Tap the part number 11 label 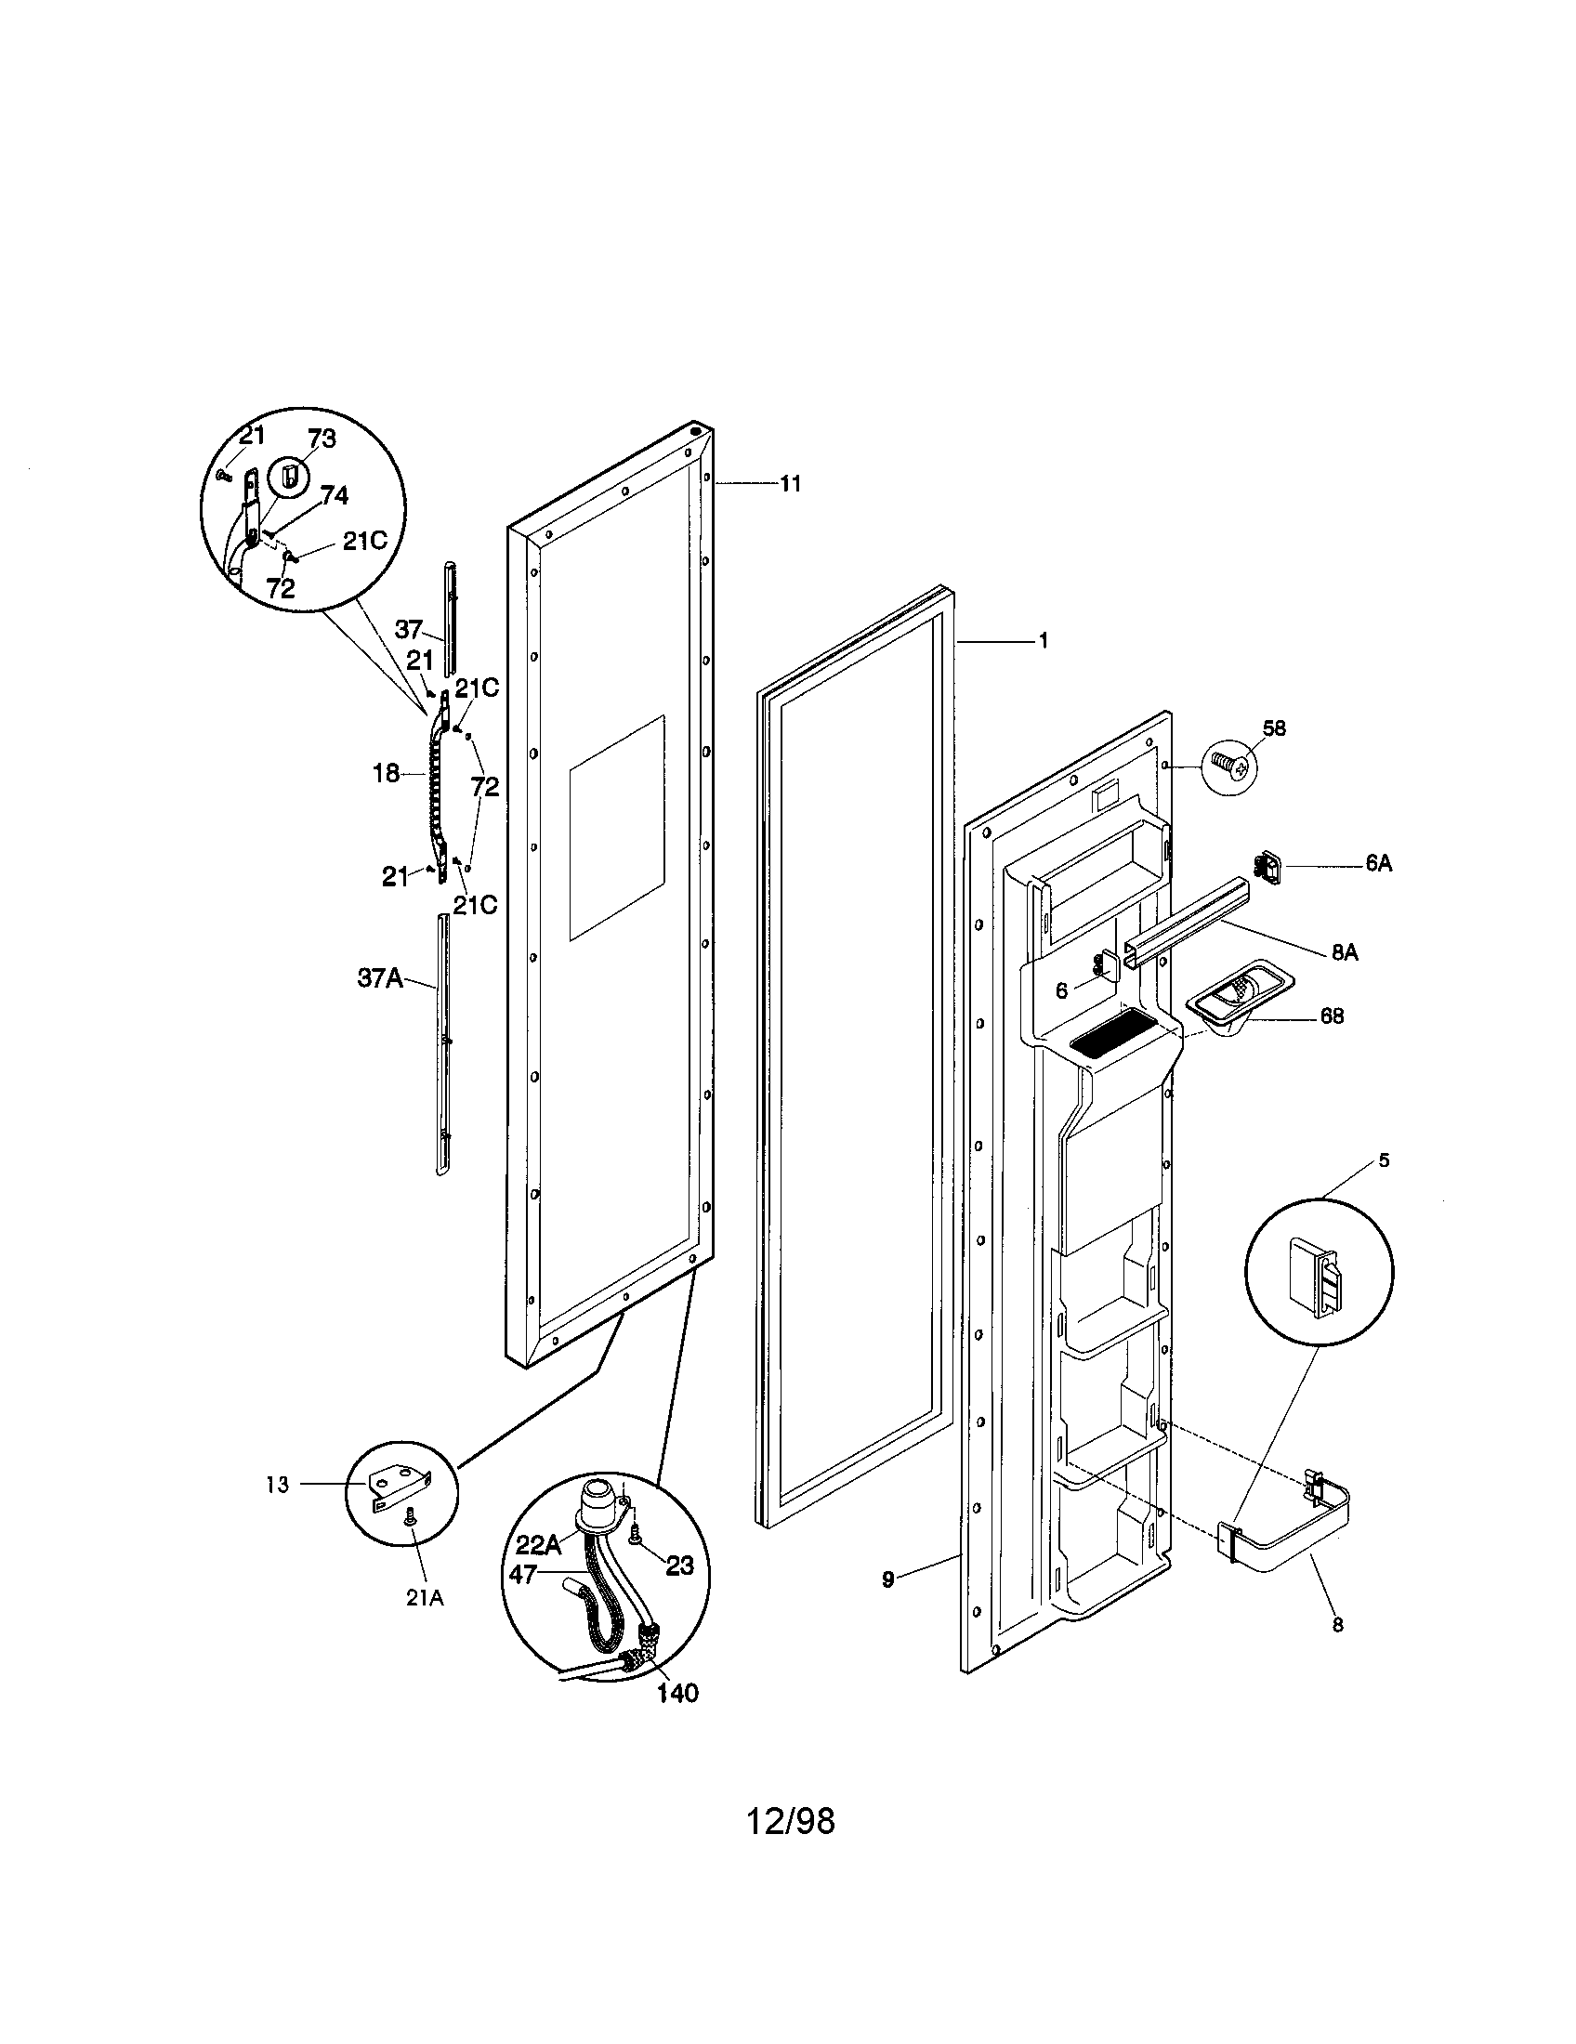pos(791,484)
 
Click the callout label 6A pos(1378,864)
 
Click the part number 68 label pos(1332,1015)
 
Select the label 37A pos(379,978)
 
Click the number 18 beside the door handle pos(386,773)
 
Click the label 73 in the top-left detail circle pos(321,438)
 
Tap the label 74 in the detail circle pos(334,496)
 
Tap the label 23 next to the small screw pos(679,1564)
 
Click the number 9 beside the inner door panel pos(887,1579)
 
